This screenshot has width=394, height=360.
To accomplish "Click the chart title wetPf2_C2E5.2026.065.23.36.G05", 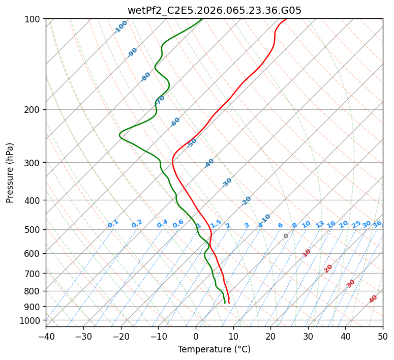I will pos(214,10).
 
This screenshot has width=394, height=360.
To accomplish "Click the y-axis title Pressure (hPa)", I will pos(10,172).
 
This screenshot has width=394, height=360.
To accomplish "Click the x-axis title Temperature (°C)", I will pos(214,349).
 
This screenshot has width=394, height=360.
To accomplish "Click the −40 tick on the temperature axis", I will pos(46,336).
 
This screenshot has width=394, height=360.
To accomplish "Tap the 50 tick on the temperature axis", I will pos(383,336).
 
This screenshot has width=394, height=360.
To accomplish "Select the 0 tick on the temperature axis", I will pos(196,336).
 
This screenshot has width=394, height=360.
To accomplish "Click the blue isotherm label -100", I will pos(120,26).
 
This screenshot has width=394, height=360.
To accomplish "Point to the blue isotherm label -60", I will pos(175,122).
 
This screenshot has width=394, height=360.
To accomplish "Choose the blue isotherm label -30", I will pos(227,182).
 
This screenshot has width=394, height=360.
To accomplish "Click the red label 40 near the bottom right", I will pos(373,299).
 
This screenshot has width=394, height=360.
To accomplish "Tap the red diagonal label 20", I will pos(328,268).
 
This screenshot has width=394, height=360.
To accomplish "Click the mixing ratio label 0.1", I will pos(113,223).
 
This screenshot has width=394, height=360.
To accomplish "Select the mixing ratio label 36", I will pos(377,224).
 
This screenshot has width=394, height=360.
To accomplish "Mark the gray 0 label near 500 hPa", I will pos(286,236).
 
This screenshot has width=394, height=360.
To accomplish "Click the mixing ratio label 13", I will pos(320,224).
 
